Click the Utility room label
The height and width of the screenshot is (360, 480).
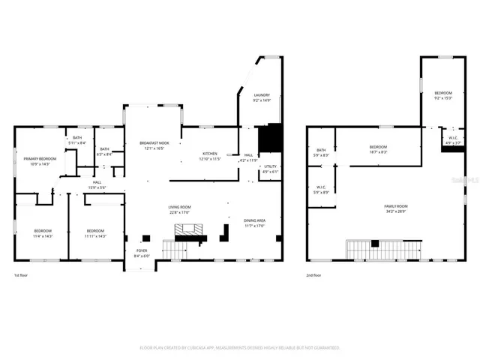(x=270, y=169)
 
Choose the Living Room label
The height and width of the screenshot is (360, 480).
(x=178, y=209)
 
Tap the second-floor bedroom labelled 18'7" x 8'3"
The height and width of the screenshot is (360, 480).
(x=378, y=148)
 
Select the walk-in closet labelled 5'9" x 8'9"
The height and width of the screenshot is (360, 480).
(x=321, y=190)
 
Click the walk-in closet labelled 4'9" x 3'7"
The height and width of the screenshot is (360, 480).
(x=453, y=139)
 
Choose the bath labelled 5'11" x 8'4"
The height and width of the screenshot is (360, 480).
(x=77, y=140)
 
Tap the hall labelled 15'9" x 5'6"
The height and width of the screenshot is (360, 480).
(x=97, y=184)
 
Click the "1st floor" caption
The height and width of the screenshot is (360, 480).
(x=22, y=275)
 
